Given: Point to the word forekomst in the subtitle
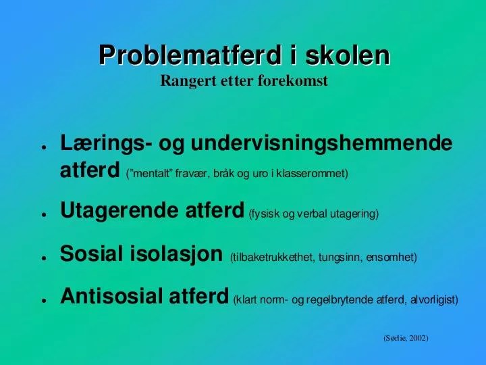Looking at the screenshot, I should [x=298, y=82].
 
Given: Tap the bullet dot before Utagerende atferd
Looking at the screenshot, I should [x=43, y=215].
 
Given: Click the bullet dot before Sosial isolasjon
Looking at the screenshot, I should [x=43, y=258].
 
